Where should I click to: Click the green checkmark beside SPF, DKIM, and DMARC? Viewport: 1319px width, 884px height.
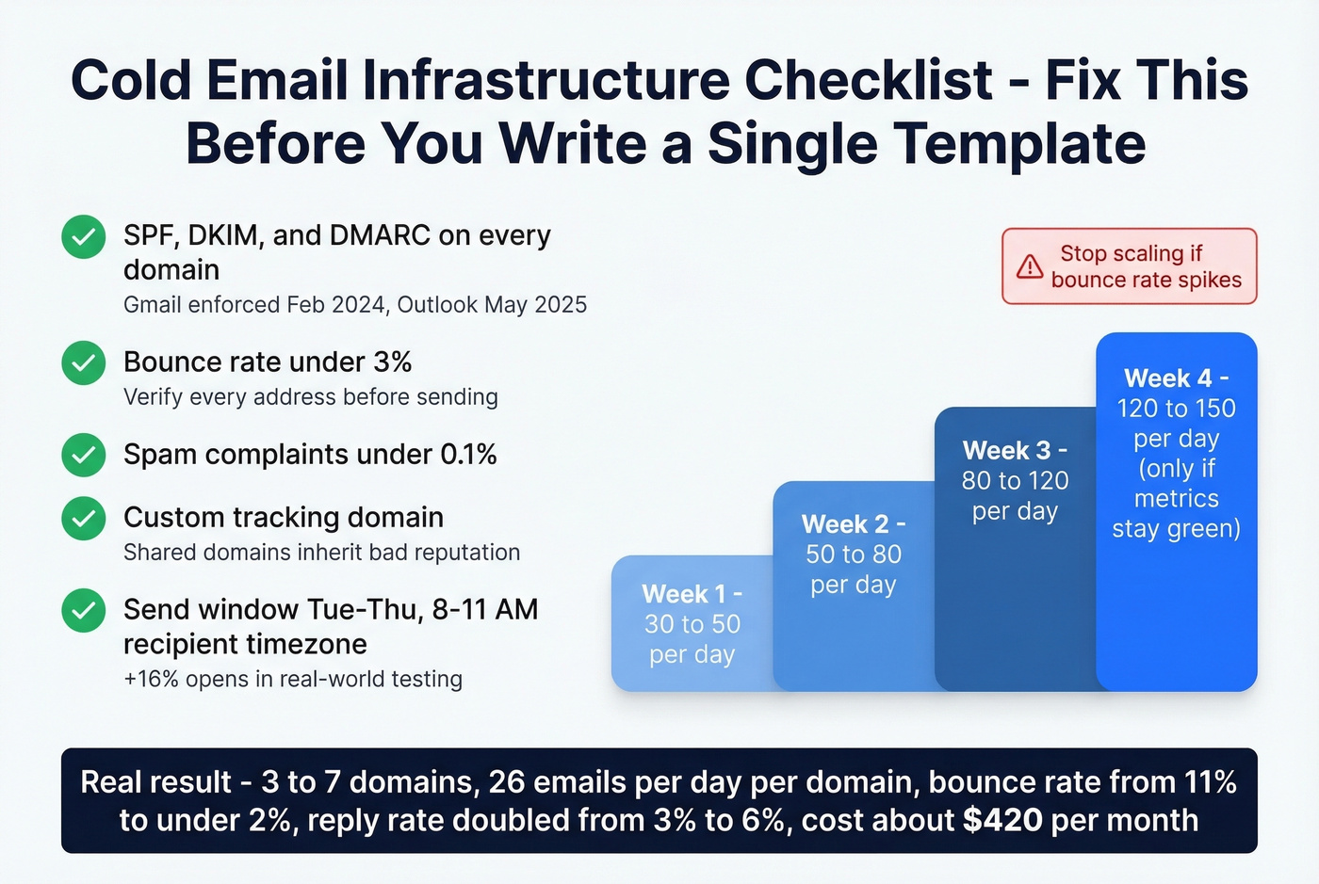(x=83, y=236)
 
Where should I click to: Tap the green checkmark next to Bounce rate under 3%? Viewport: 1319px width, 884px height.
(x=83, y=362)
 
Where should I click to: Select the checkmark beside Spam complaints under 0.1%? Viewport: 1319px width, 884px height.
(x=83, y=455)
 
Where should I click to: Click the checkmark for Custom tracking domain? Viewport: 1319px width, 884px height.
(x=83, y=518)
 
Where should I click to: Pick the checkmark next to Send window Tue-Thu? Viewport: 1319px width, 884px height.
(x=83, y=610)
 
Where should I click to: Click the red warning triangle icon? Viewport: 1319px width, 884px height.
(x=1029, y=266)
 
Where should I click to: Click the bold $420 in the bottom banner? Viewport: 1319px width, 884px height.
(x=1002, y=821)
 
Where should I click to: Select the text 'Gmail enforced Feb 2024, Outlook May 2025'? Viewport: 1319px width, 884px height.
(x=355, y=305)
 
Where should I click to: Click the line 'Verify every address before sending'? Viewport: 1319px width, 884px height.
(x=310, y=397)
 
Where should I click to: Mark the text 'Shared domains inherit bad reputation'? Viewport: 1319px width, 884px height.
(x=321, y=553)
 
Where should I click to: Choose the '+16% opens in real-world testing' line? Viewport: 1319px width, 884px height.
(x=293, y=680)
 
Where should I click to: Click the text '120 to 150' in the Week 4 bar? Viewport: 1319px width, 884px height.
(x=1176, y=409)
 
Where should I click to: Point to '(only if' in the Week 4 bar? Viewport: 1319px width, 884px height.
(x=1176, y=469)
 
